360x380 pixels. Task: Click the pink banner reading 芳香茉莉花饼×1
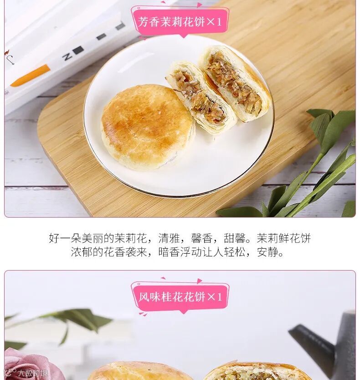[180, 22]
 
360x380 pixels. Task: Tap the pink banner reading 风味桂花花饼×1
[180, 297]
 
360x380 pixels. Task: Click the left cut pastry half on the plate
[201, 97]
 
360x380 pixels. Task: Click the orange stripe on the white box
[30, 75]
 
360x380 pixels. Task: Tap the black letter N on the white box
[67, 57]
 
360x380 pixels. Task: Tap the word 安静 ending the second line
[267, 252]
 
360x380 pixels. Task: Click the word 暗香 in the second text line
[169, 252]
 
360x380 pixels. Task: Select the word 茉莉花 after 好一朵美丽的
[131, 238]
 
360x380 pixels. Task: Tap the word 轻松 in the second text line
[234, 252]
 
